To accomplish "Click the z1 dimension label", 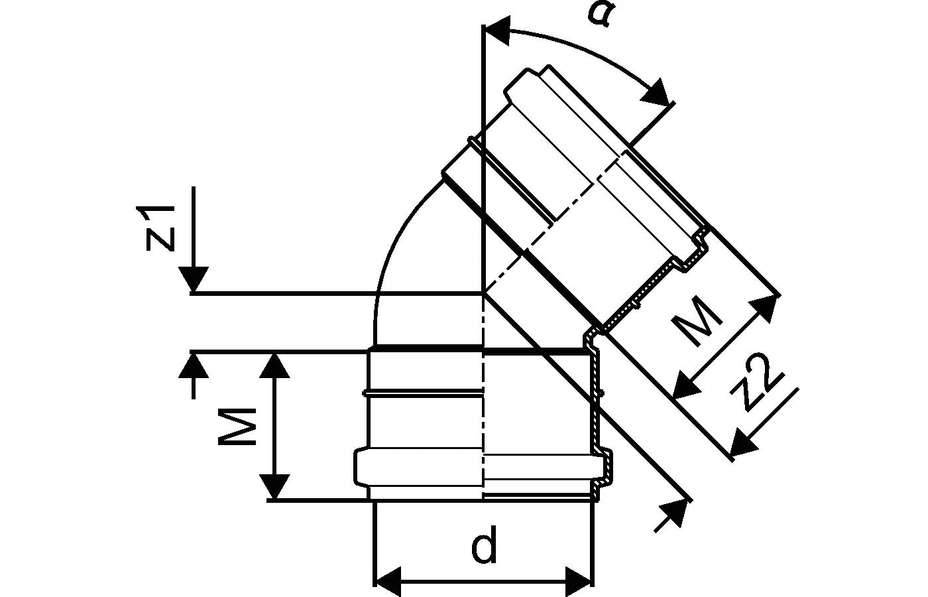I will tap(161, 228).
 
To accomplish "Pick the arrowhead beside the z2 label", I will tap(742, 444).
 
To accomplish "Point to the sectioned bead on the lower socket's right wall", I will tap(604, 464).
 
